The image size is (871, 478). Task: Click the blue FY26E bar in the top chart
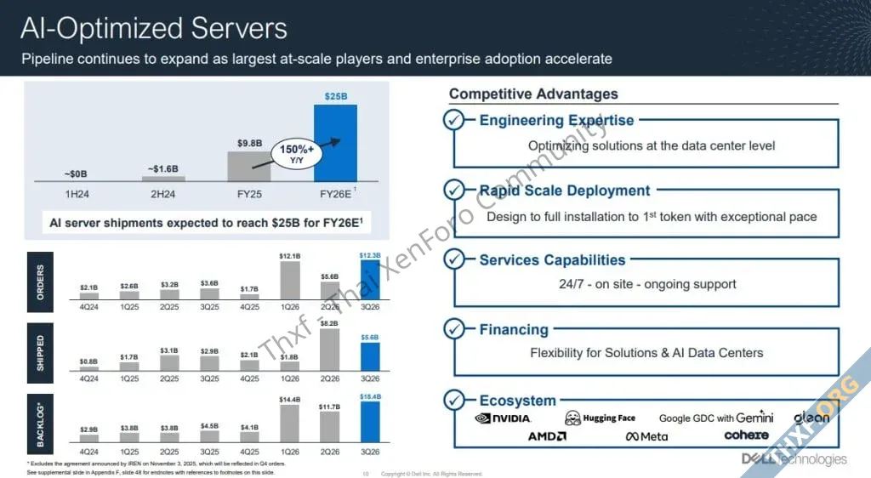[x=336, y=143]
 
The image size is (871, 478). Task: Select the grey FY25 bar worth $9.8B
[x=248, y=167]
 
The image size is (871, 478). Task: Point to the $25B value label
[x=336, y=97]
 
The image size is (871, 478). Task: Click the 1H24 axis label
[x=77, y=195]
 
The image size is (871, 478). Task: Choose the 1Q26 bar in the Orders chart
[x=290, y=281]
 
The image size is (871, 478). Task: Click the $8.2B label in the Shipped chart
[x=330, y=323]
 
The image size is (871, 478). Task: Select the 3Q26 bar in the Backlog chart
[x=370, y=422]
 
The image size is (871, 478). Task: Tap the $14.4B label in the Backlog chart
[x=290, y=399]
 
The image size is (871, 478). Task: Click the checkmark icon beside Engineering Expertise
[x=454, y=120]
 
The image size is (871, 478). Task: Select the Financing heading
[x=514, y=330]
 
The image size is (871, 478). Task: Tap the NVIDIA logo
[x=503, y=418]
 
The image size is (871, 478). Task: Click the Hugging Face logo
[x=600, y=418]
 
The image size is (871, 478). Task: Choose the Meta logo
[x=647, y=437]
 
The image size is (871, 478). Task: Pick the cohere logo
[x=746, y=435]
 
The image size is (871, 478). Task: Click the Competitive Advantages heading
[x=533, y=94]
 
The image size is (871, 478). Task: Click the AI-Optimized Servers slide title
[x=154, y=28]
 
